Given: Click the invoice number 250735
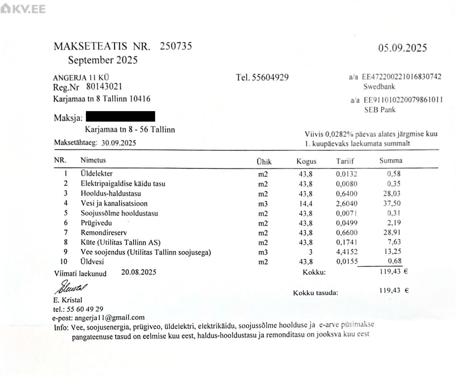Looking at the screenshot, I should click(176, 46).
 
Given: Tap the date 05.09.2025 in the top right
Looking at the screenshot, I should click(403, 48).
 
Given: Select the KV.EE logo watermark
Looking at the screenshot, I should click(23, 9).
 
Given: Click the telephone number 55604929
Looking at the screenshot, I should click(270, 77).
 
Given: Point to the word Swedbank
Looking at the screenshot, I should click(379, 87).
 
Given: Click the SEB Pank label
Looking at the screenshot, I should click(380, 110).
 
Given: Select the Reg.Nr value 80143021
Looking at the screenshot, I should click(104, 87).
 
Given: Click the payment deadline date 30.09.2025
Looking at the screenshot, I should click(119, 143).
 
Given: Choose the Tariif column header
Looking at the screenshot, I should click(345, 161).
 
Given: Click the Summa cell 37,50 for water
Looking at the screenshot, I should click(393, 203).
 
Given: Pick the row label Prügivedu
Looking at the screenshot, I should click(96, 223).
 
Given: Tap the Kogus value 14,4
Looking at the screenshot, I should click(305, 203).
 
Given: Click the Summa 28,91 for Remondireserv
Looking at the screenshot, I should click(393, 232).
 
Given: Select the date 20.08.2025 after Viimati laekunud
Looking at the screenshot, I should click(139, 272).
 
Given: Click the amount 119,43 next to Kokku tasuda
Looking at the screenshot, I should click(390, 291).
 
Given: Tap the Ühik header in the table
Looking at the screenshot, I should click(264, 162).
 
